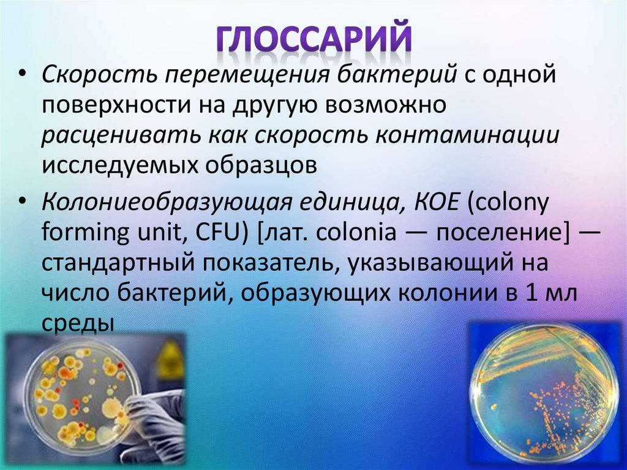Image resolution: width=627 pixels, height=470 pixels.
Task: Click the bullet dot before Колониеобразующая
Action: click(23, 202)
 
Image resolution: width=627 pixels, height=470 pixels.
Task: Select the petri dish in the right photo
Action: click(544, 392)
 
